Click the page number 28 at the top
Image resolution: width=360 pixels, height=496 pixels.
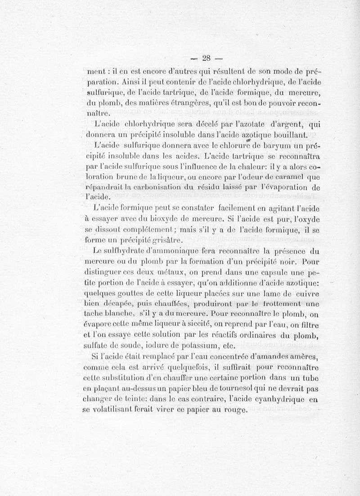(x=207, y=57)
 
